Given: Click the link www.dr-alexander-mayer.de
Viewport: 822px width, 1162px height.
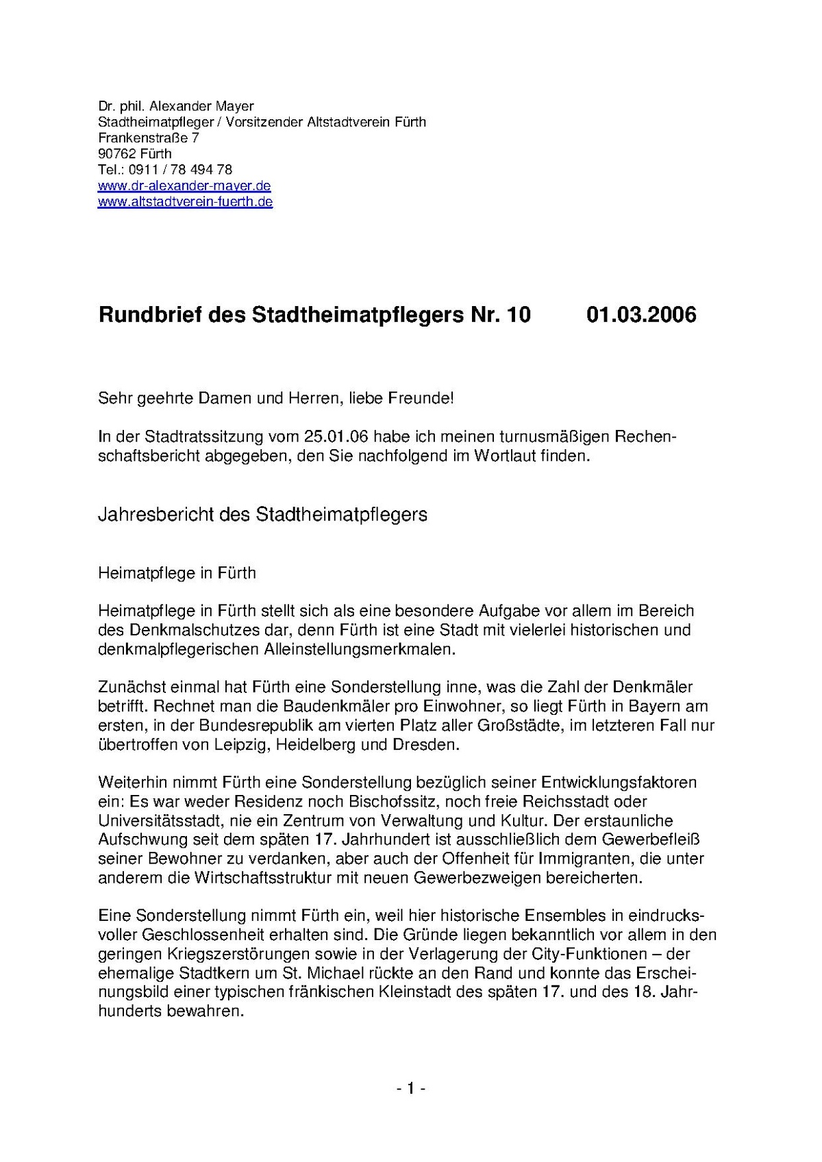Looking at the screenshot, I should coord(184,186).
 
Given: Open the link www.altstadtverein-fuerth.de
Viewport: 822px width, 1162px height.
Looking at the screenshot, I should coord(186,201).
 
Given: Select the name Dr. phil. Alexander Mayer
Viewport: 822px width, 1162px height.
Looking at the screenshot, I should coord(176,106).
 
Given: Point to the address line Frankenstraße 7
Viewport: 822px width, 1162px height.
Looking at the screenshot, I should coord(149,138).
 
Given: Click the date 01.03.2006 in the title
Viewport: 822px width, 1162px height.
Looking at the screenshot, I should coord(641,315).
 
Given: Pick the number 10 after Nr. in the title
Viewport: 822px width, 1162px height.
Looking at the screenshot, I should coord(518,315).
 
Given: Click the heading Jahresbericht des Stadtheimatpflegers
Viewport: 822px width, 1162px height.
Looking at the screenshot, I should coord(263,515).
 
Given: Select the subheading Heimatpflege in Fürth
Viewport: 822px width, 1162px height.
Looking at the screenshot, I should coord(177,572).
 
